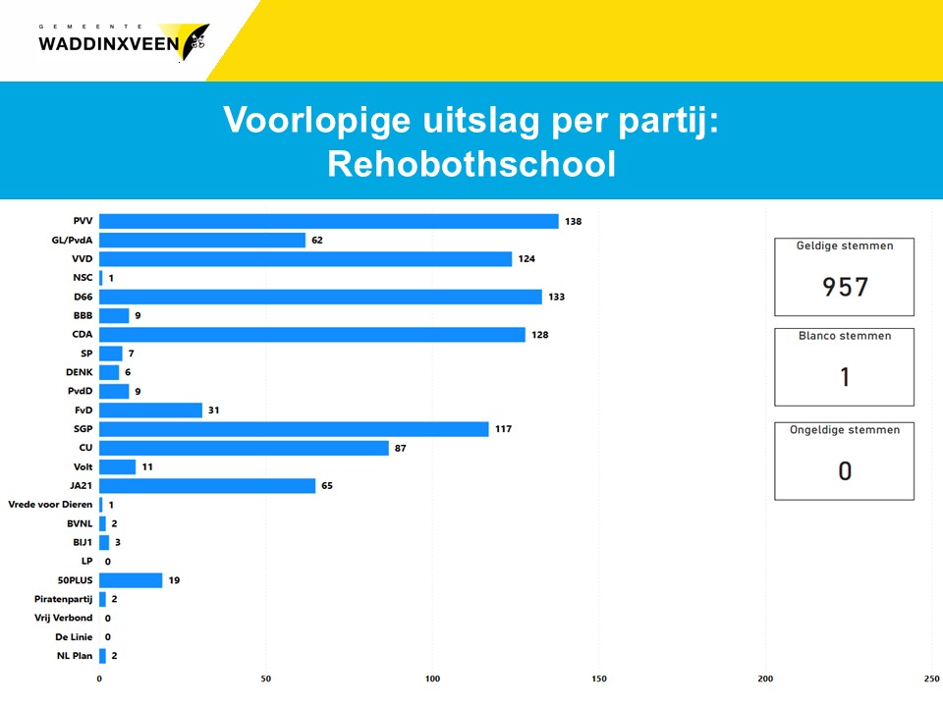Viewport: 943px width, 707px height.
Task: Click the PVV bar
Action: [329, 221]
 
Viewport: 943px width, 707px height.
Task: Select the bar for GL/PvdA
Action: [202, 240]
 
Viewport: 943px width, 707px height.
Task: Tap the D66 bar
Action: [320, 297]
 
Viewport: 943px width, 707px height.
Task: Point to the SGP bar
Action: [294, 429]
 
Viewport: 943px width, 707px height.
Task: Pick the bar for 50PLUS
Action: [131, 580]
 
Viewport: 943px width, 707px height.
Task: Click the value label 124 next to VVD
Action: [527, 258]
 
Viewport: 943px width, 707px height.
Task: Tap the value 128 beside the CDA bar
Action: [540, 334]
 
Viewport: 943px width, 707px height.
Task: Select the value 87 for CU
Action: [401, 448]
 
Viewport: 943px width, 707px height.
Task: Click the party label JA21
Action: [82, 485]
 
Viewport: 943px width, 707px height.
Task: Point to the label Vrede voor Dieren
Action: [50, 505]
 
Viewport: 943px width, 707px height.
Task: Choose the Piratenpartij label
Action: [63, 599]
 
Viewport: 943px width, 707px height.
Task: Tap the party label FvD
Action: [83, 410]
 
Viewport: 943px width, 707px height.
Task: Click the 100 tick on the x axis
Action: [432, 679]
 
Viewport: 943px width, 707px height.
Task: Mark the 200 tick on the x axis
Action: [765, 679]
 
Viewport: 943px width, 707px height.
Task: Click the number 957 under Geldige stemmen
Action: [845, 287]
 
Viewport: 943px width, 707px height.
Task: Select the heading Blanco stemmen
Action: [845, 336]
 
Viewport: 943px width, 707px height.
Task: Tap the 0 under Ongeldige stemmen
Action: [845, 470]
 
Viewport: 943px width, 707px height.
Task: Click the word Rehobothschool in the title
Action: [472, 164]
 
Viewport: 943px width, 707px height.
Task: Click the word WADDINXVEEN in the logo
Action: [109, 44]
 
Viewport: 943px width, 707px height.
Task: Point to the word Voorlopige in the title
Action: [317, 120]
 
